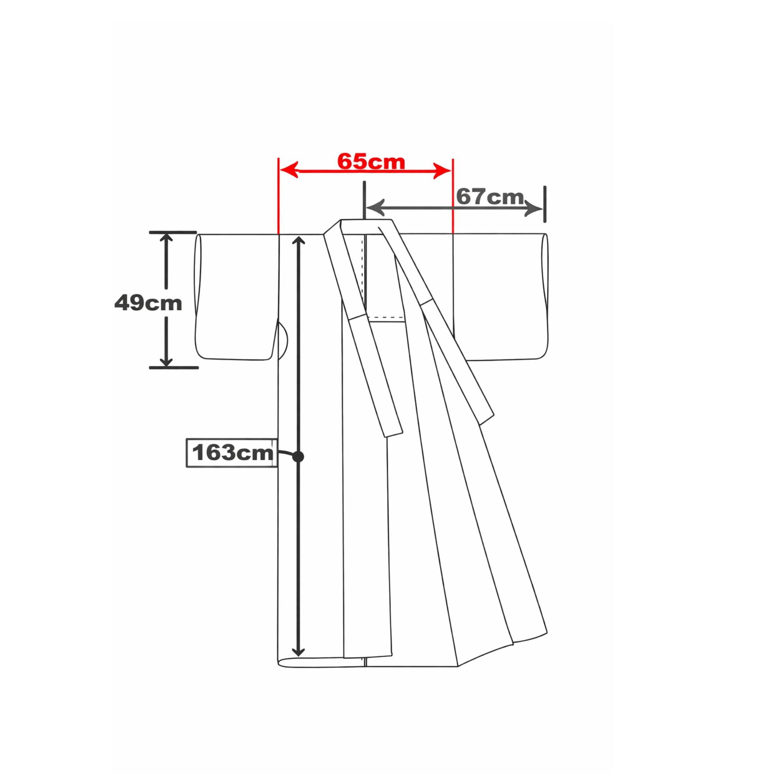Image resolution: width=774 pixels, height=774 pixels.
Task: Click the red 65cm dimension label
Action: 371,162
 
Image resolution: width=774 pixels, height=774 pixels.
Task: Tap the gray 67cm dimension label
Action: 490,197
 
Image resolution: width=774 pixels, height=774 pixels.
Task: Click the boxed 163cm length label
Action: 232,453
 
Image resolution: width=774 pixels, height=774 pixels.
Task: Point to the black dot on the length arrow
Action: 298,456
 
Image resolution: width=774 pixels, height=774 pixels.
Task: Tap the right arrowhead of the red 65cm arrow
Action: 442,171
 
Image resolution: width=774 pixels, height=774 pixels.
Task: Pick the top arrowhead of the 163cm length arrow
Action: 298,241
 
